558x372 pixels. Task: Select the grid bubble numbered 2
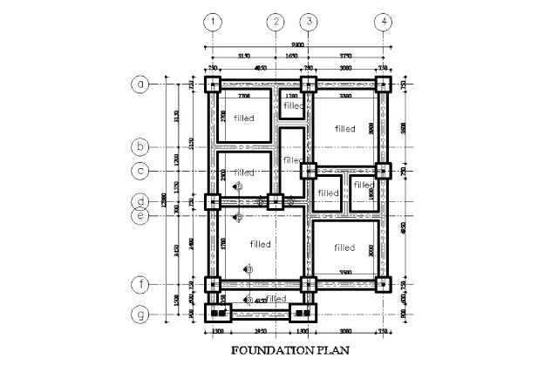[276, 22]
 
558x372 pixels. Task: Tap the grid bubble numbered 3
[308, 22]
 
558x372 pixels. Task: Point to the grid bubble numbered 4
[382, 22]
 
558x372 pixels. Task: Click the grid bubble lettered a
[139, 85]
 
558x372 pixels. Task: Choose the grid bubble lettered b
[139, 146]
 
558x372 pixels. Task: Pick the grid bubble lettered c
[139, 170]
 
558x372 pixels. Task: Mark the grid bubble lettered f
[139, 285]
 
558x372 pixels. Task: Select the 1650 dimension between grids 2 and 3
[292, 56]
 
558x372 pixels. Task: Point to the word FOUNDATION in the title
[267, 353]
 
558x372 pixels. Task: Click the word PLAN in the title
[332, 353]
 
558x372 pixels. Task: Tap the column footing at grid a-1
[213, 85]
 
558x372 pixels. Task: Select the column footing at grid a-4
[382, 85]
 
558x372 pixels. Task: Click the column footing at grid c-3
[308, 170]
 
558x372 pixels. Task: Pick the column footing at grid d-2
[276, 202]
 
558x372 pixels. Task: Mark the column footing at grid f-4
[382, 285]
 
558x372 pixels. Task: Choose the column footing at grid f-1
[213, 285]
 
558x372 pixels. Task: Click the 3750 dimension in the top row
[345, 56]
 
